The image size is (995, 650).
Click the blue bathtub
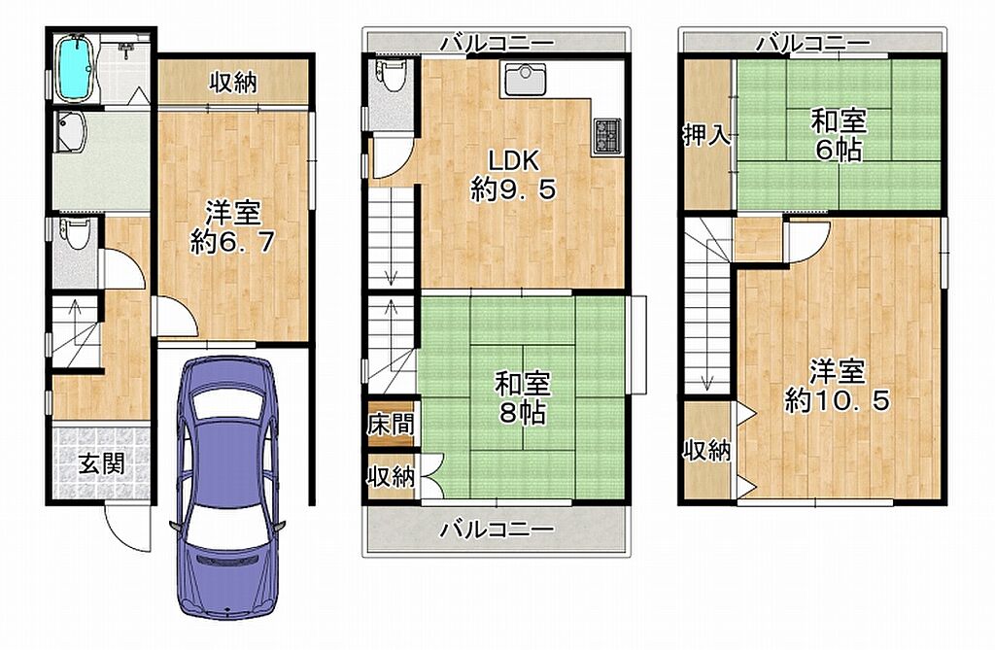[76, 68]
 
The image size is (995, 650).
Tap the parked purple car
[226, 486]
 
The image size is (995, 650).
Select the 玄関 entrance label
[101, 464]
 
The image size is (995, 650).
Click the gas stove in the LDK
[608, 136]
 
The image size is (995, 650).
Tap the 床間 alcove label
[391, 424]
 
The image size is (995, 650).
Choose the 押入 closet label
[706, 135]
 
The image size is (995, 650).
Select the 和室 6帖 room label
[839, 135]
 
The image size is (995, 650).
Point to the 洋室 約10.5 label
[838, 386]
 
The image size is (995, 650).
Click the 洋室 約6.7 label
[232, 227]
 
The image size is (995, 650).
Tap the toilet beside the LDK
[389, 73]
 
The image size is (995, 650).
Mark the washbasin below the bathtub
[70, 132]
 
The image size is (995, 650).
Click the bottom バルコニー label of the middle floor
[497, 529]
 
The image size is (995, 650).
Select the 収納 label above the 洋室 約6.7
[233, 82]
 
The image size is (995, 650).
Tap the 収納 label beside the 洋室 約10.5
[706, 450]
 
